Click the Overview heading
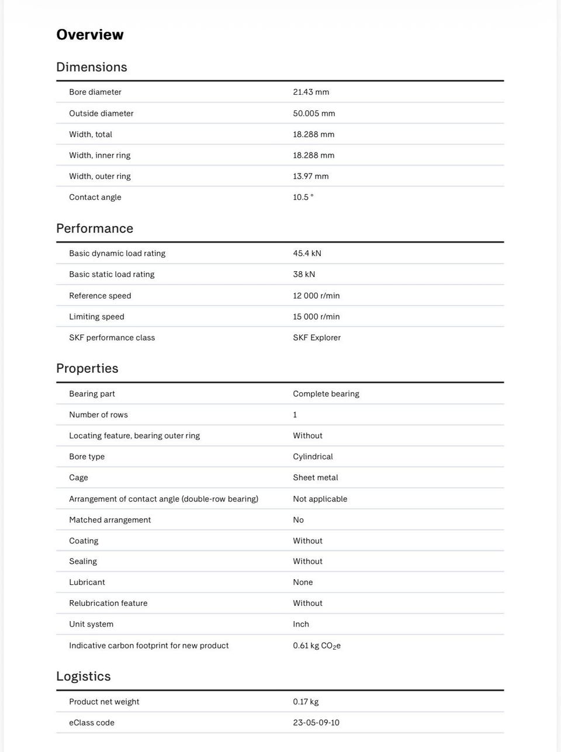pos(90,35)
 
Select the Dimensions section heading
pos(92,67)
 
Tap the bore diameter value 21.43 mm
pos(311,92)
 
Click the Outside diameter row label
pos(101,113)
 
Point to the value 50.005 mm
pos(314,113)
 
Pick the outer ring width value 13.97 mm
pos(311,176)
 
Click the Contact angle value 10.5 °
pos(303,197)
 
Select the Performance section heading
pos(95,228)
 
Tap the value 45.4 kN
pos(307,254)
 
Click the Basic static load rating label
pos(112,275)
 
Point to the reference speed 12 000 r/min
pos(316,296)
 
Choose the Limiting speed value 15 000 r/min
pos(316,317)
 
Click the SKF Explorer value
pos(317,338)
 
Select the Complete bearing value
pos(326,394)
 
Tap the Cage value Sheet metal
pos(316,477)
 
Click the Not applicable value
pos(320,499)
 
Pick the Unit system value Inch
pos(301,624)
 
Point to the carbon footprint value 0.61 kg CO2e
pos(317,646)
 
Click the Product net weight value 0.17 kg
pos(306,702)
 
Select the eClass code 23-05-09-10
pos(316,723)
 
